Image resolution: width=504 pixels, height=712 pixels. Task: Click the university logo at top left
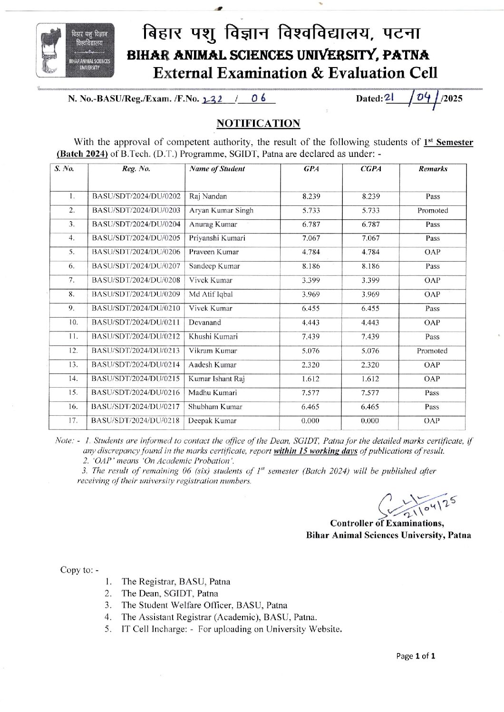click(x=75, y=50)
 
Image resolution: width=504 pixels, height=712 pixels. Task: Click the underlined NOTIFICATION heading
click(x=258, y=124)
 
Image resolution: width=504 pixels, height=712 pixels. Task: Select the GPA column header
click(x=311, y=169)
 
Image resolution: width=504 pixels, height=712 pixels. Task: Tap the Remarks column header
click(x=433, y=169)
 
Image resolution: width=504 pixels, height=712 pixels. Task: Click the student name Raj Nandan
click(x=208, y=196)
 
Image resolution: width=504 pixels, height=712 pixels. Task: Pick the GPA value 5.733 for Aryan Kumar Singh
click(x=311, y=210)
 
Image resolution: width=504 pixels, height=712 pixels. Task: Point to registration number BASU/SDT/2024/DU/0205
click(x=136, y=238)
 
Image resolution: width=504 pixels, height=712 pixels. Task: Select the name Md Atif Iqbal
click(x=211, y=294)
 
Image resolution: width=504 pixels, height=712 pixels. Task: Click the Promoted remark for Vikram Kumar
click(x=432, y=351)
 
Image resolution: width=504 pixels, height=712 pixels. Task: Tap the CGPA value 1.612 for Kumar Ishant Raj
click(x=370, y=379)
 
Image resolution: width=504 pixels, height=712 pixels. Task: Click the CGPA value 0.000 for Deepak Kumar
click(x=370, y=421)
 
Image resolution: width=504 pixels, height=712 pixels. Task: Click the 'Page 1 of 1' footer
click(x=416, y=656)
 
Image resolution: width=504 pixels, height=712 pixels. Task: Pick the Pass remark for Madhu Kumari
click(x=432, y=393)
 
